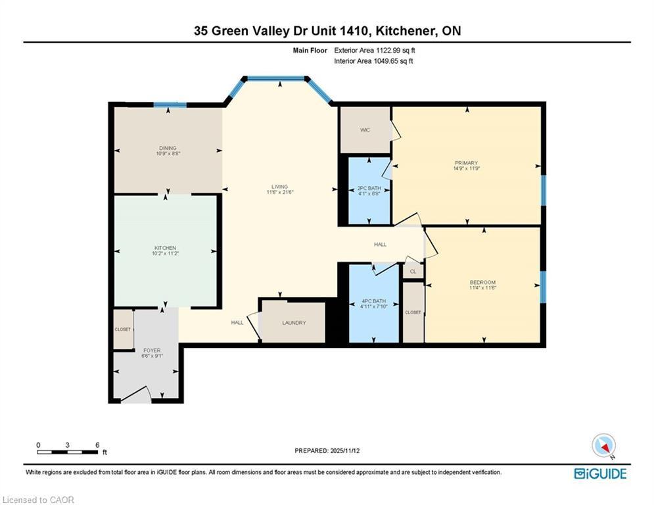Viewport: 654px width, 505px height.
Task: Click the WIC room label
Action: point(365,130)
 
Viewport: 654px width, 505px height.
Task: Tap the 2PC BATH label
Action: point(369,188)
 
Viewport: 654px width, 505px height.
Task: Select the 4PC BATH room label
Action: point(374,301)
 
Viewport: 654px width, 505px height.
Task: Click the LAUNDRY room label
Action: point(294,323)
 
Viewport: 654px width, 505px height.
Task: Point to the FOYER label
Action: point(152,350)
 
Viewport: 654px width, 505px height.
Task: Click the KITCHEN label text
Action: point(165,248)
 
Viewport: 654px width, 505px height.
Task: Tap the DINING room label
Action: point(168,148)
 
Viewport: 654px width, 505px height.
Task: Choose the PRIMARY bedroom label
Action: point(466,163)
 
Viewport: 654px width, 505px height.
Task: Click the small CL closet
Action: point(413,272)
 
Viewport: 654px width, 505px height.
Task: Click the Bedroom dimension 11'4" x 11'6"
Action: point(482,287)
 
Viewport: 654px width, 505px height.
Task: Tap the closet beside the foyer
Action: point(123,329)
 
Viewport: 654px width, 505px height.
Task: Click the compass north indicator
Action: point(604,446)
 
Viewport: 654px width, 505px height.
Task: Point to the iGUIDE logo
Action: point(600,473)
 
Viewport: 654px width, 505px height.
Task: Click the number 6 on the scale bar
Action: point(97,445)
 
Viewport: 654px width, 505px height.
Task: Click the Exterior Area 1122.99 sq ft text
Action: point(375,51)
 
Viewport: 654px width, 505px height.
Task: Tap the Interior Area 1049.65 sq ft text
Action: point(374,61)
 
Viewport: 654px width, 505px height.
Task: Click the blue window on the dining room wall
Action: point(170,105)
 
